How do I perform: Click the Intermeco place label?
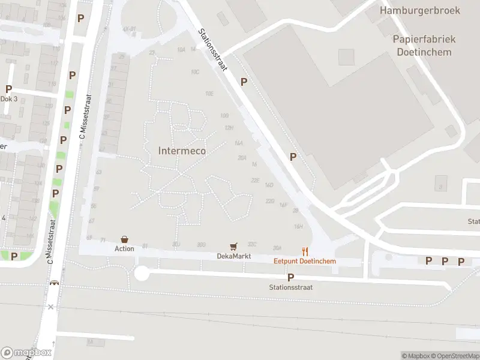tap(182, 151)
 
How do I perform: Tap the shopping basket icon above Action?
tap(124, 239)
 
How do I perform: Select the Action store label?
tap(124, 248)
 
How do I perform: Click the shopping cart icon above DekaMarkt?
tap(233, 247)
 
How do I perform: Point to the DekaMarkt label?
tap(233, 256)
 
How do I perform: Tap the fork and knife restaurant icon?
tap(305, 251)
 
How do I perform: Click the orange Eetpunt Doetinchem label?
tap(305, 261)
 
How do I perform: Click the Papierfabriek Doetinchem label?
tap(424, 45)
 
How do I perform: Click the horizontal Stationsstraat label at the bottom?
tap(291, 287)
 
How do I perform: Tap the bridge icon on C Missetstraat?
tap(55, 284)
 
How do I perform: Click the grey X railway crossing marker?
tap(51, 307)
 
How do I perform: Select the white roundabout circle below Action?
tap(141, 274)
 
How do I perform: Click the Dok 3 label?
tap(8, 99)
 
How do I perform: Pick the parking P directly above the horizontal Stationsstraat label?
tap(291, 277)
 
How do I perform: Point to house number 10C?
tap(194, 72)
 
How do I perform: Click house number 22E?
tap(255, 180)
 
